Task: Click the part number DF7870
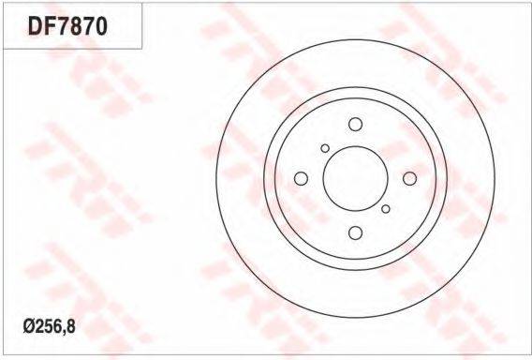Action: (x=67, y=27)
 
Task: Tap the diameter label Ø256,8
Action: (x=50, y=326)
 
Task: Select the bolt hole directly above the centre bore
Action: (x=355, y=125)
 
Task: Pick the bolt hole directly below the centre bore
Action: (x=355, y=232)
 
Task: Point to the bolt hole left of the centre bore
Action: (x=301, y=179)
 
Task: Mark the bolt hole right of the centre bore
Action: (x=409, y=179)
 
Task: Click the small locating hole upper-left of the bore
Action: (x=325, y=148)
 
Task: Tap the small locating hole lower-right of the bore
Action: (x=386, y=209)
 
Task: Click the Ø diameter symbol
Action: (x=28, y=326)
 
